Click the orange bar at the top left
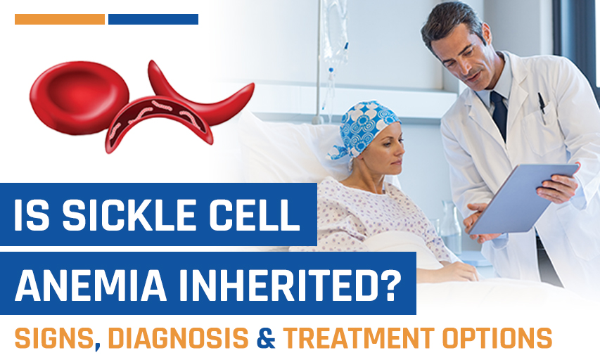60,20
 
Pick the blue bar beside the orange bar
153,20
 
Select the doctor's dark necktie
501,112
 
